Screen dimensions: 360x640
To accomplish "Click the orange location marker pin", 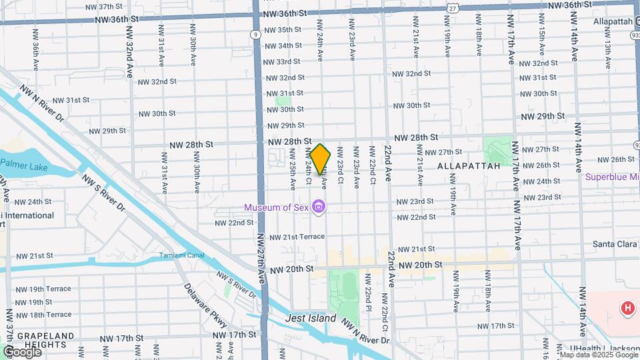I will tap(320, 159).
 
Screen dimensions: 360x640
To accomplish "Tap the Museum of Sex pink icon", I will tap(319, 207).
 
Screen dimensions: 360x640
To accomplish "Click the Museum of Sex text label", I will tap(277, 207).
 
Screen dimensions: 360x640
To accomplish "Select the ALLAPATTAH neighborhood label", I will tap(468, 165).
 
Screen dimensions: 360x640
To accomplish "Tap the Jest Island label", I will tap(311, 319).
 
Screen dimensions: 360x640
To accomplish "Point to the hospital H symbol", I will tap(627, 308).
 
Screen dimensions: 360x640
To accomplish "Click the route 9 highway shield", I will tap(255, 33).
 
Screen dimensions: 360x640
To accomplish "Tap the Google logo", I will tap(21, 351).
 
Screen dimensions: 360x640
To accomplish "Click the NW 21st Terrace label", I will tap(297, 237).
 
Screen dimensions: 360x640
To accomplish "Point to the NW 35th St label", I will tap(283, 30).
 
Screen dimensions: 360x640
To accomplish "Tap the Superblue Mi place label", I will tap(612, 177).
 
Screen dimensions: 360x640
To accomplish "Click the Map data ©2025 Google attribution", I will tap(598, 355).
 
